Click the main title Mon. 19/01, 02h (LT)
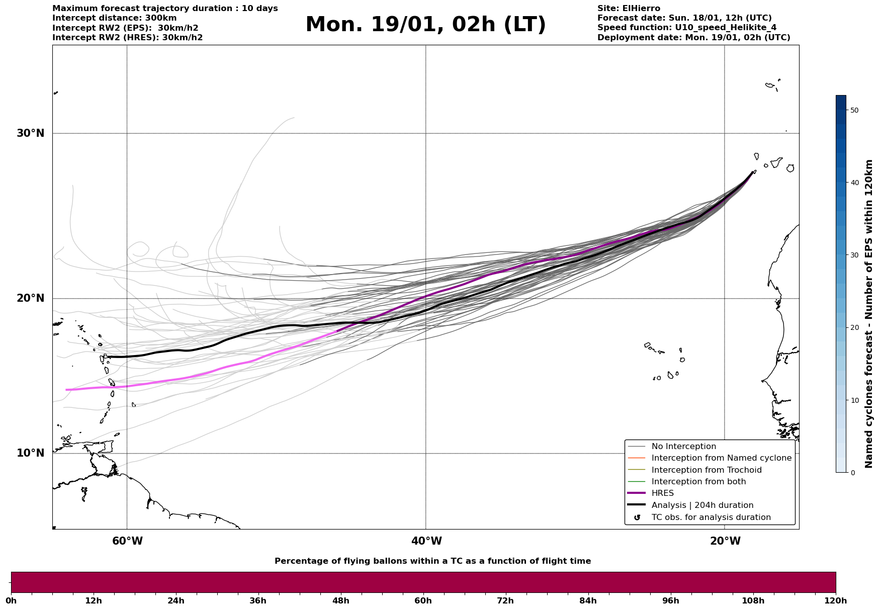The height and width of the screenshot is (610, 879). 425,25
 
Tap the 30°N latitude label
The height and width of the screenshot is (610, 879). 31,133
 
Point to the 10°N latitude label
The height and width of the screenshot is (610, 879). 31,453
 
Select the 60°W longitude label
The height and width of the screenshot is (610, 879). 127,541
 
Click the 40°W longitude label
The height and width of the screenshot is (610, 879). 426,541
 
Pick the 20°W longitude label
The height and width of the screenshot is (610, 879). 725,541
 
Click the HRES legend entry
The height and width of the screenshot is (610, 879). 662,493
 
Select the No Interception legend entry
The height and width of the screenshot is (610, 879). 683,447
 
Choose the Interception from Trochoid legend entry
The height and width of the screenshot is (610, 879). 706,470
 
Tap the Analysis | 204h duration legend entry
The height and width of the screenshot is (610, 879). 702,505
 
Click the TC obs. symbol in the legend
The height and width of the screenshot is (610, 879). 637,517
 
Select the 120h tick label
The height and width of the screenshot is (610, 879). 836,600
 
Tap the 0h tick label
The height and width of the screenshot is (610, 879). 11,600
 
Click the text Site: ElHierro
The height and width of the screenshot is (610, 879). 629,9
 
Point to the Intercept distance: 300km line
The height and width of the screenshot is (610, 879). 114,18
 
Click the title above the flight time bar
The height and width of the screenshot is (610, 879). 432,561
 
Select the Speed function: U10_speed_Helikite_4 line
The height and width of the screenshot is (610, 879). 687,28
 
